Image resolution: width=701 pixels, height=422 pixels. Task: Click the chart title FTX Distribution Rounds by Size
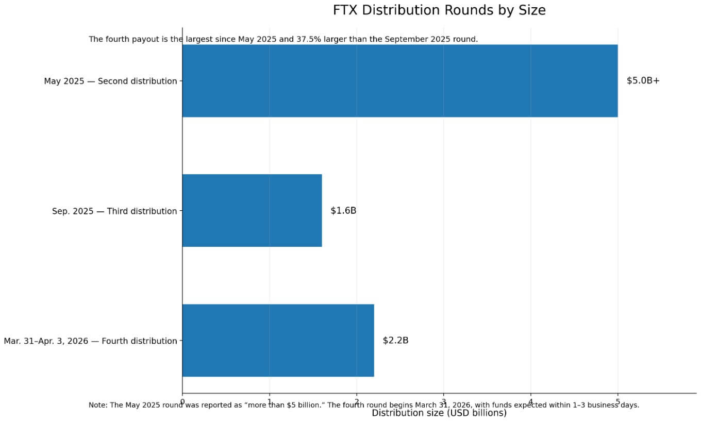pyautogui.click(x=439, y=10)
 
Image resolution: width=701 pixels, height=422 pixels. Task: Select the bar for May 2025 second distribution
pyautogui.click(x=399, y=81)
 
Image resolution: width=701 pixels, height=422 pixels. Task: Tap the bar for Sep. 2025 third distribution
pyautogui.click(x=252, y=211)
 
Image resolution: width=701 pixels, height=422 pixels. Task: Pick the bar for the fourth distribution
pyautogui.click(x=278, y=341)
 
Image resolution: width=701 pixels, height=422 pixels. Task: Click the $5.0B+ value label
pyautogui.click(x=643, y=81)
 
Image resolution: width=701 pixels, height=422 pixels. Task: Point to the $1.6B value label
pyautogui.click(x=343, y=211)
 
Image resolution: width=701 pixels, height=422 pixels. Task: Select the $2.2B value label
pyautogui.click(x=395, y=341)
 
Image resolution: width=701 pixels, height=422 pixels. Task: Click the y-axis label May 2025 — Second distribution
pyautogui.click(x=110, y=81)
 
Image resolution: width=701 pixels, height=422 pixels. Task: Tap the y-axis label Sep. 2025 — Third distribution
pyautogui.click(x=114, y=211)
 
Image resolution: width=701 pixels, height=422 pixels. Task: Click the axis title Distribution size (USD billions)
pyautogui.click(x=439, y=413)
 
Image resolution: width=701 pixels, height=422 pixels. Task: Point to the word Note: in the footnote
pyautogui.click(x=98, y=406)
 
